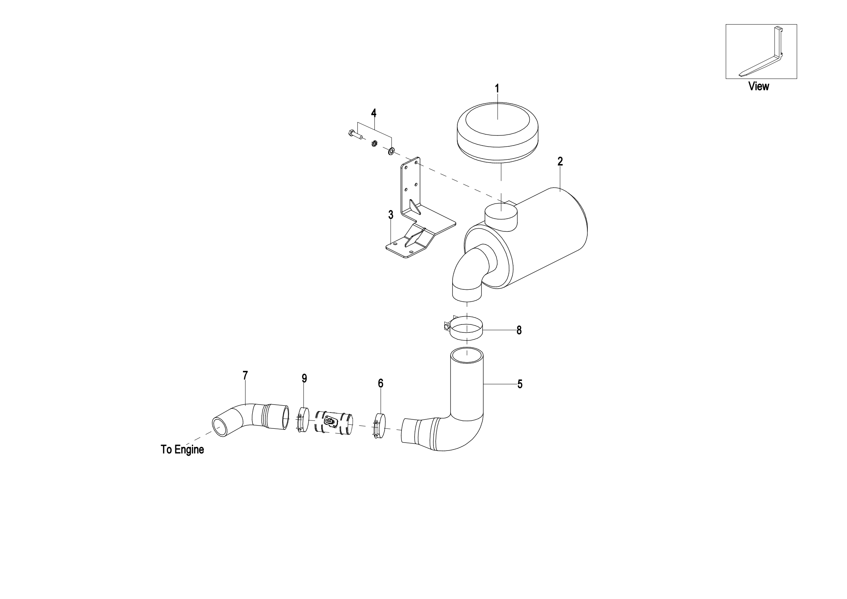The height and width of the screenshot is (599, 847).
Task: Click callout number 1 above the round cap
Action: click(x=497, y=89)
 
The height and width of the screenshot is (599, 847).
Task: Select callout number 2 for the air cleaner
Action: click(x=560, y=162)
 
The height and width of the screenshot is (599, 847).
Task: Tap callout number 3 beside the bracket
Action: click(x=391, y=215)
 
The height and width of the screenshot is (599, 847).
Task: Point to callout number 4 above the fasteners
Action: click(x=374, y=113)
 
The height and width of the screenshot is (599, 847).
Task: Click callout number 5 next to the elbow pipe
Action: click(x=520, y=384)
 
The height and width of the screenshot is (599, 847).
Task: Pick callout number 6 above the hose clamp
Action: click(x=381, y=384)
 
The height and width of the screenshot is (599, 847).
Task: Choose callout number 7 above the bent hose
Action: click(x=245, y=376)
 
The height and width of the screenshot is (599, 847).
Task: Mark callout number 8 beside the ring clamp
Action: click(x=519, y=331)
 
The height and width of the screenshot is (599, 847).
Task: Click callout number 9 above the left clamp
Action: click(x=304, y=378)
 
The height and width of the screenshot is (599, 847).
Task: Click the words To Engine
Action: click(x=182, y=450)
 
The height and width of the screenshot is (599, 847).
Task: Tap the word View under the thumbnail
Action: click(x=759, y=86)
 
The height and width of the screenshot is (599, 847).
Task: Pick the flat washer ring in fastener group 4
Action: click(x=391, y=151)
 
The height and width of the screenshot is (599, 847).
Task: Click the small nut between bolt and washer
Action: click(x=374, y=143)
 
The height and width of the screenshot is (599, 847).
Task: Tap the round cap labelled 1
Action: click(x=497, y=133)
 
